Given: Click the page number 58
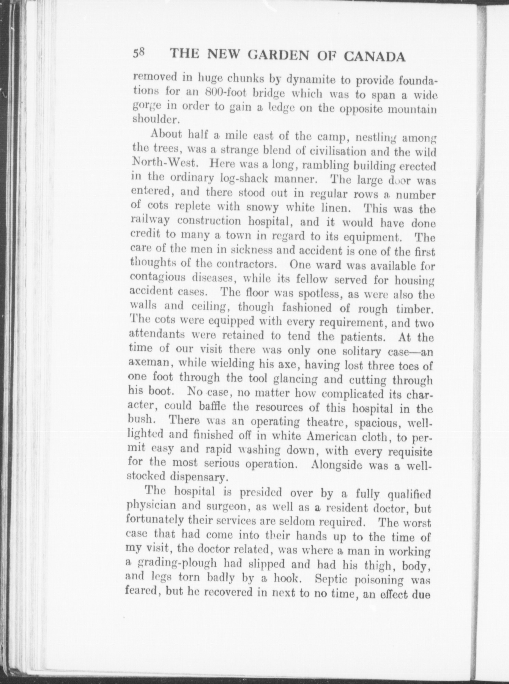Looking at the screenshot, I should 140,54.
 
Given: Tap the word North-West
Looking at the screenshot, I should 164,163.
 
